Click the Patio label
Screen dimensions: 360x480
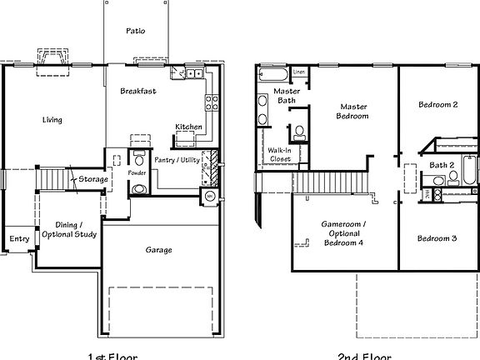(135, 31)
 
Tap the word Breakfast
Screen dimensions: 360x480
(137, 91)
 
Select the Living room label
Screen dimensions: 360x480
(52, 120)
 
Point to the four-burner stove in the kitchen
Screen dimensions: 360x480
(212, 104)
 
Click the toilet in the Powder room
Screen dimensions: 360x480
(138, 189)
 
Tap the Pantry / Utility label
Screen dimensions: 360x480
(177, 159)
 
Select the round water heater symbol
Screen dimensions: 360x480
(209, 197)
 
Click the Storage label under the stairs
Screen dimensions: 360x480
(92, 178)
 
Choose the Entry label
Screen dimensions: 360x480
(19, 239)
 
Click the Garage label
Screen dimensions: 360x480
(158, 250)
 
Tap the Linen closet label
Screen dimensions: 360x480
(299, 72)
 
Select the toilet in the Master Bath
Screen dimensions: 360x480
(297, 131)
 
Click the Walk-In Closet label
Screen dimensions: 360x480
(279, 154)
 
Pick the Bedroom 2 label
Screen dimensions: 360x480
(437, 105)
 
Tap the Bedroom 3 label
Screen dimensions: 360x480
(437, 238)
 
